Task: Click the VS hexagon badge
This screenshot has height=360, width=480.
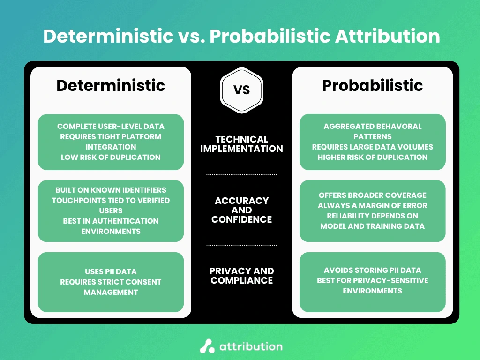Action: tap(241, 89)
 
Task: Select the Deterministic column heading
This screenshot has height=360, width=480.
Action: tap(111, 85)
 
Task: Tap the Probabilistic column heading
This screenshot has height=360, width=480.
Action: tap(372, 85)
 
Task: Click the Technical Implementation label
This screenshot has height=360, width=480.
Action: tap(241, 144)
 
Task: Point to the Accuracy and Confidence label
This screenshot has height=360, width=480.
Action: tap(241, 210)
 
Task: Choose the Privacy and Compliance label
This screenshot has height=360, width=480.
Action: tap(241, 276)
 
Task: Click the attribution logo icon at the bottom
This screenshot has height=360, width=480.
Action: tap(207, 346)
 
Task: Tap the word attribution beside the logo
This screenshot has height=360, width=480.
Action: tap(251, 346)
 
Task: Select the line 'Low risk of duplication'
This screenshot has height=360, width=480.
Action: tap(111, 157)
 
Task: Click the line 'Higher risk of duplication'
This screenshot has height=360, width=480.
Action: tap(372, 157)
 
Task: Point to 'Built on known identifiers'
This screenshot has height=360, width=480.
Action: tap(111, 190)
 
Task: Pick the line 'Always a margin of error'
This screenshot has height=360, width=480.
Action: tap(372, 205)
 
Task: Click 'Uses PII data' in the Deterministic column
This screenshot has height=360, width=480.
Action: tap(111, 271)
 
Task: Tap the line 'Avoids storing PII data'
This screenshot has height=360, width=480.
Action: tap(372, 270)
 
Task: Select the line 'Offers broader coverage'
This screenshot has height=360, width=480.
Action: tap(372, 195)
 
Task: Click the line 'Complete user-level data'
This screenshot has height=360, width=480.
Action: tap(111, 126)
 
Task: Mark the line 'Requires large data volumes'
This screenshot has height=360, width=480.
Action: tap(372, 147)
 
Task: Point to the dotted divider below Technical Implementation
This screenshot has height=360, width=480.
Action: tap(241, 174)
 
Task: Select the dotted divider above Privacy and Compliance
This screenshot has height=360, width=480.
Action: tap(241, 245)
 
